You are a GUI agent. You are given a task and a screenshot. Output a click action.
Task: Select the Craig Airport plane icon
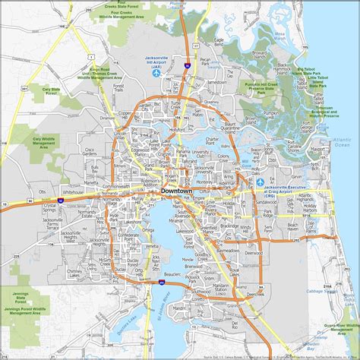pos(261,183)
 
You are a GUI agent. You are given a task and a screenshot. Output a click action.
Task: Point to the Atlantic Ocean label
pos(342,144)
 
